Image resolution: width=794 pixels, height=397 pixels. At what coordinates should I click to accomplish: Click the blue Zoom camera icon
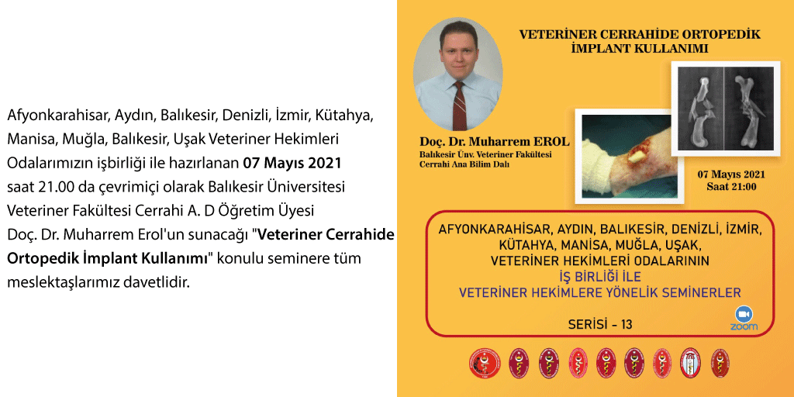click(x=744, y=314)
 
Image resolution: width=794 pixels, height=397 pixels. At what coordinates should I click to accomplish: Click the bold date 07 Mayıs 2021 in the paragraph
click(x=291, y=164)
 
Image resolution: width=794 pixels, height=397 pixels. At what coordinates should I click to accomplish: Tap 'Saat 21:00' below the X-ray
click(x=731, y=187)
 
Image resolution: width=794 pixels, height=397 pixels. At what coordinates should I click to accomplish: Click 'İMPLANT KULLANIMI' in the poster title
click(x=640, y=48)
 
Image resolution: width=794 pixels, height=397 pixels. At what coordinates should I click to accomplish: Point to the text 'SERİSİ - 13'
click(x=595, y=324)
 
